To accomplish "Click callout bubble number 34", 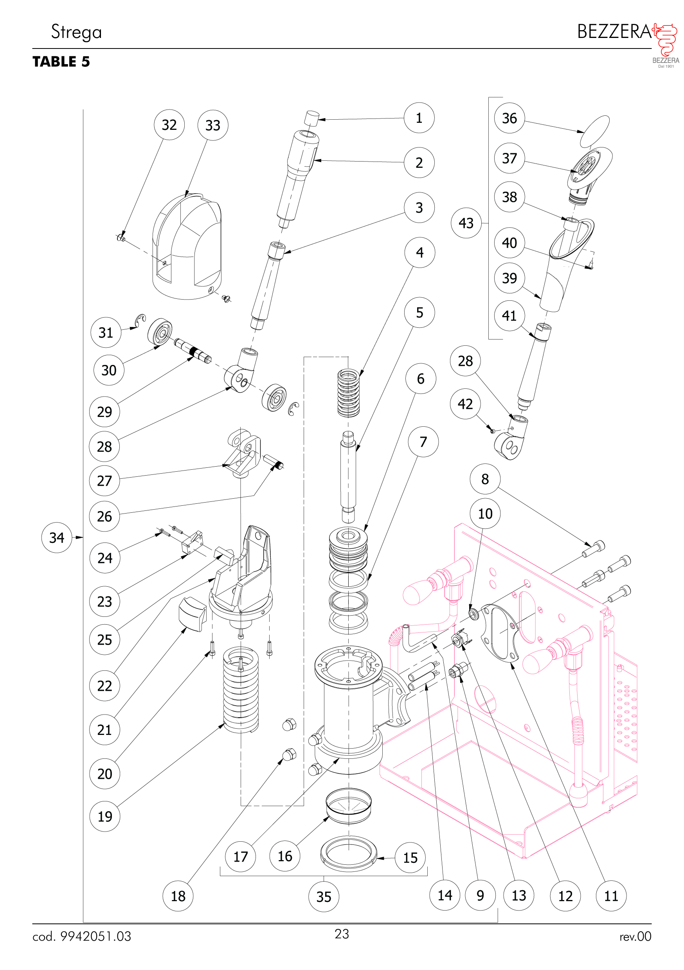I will tap(57, 537).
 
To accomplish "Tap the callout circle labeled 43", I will tap(466, 223).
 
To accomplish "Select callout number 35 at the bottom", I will tap(323, 896).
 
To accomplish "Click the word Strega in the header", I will tap(77, 32).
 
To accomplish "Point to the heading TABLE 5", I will tap(61, 62).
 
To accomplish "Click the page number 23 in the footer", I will tap(342, 934).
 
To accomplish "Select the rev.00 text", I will tap(635, 937).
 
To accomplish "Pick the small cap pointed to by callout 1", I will tap(311, 118).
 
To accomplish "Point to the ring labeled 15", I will tap(348, 853).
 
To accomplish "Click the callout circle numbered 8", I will tap(485, 479).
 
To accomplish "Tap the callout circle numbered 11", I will tap(611, 896).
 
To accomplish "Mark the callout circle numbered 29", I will tap(104, 411).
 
